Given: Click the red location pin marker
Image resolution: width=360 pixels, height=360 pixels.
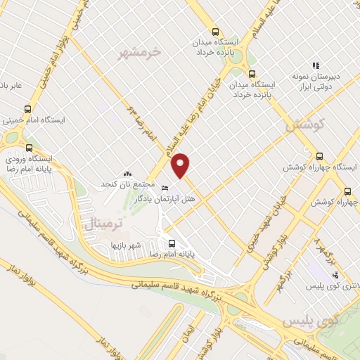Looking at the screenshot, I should (181, 165).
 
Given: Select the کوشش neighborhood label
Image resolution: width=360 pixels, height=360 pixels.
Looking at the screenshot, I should (304, 124).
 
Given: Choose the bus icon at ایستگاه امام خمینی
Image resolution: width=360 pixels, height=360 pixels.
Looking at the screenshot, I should (28, 109).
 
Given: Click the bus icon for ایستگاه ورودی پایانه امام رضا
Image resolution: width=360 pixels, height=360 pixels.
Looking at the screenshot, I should (29, 148).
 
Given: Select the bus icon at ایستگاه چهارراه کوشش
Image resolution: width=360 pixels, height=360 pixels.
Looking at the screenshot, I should (320, 156).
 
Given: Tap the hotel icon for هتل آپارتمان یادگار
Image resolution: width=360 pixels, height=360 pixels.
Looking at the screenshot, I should (165, 188).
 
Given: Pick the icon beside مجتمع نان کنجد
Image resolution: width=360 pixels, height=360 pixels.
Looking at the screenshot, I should (127, 173).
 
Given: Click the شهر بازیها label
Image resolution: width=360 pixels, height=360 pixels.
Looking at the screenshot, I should (126, 245).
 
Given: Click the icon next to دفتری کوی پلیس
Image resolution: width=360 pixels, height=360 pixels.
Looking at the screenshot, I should (335, 275).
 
